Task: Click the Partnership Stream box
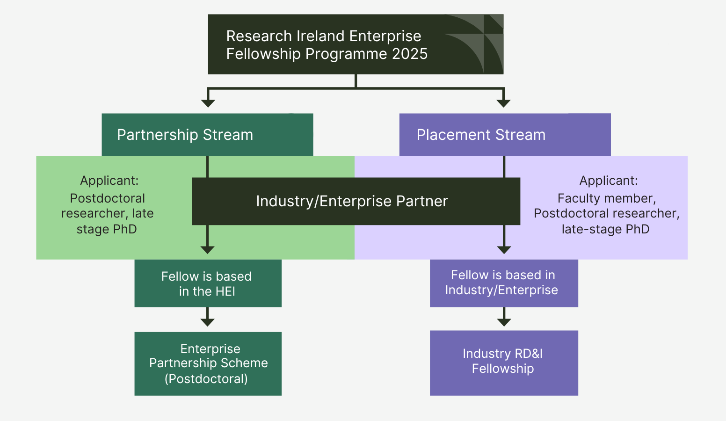(x=207, y=135)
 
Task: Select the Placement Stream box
(x=505, y=135)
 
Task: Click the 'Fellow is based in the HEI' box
(x=208, y=283)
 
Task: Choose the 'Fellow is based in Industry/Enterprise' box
(x=504, y=283)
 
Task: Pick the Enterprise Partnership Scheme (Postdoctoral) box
(x=208, y=363)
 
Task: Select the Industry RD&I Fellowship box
(x=504, y=363)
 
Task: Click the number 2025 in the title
(x=410, y=54)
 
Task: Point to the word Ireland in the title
(x=320, y=36)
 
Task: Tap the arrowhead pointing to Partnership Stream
(x=208, y=103)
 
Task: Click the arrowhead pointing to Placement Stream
(x=503, y=103)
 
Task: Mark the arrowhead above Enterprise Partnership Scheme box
(x=207, y=322)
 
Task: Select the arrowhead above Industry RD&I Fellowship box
(x=504, y=322)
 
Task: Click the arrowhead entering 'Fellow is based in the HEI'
(x=207, y=250)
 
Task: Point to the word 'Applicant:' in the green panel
(x=109, y=181)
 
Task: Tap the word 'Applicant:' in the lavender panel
(x=608, y=181)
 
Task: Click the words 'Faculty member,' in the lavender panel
(x=606, y=198)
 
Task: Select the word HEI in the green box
(x=225, y=291)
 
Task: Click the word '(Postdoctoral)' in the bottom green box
(x=206, y=379)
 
